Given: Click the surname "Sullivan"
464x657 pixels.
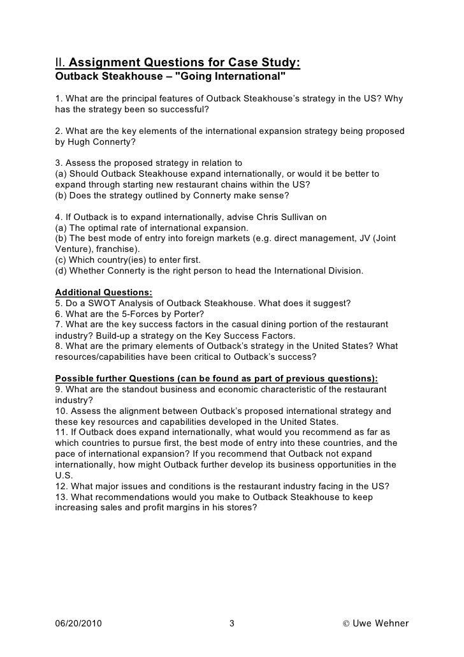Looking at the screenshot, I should point(308,217).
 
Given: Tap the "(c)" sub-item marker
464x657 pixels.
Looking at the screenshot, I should point(62,260).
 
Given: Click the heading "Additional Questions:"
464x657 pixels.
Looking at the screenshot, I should point(103,292).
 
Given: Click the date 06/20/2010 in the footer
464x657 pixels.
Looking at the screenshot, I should point(78,623).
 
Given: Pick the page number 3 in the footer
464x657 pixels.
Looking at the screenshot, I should point(232,623).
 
